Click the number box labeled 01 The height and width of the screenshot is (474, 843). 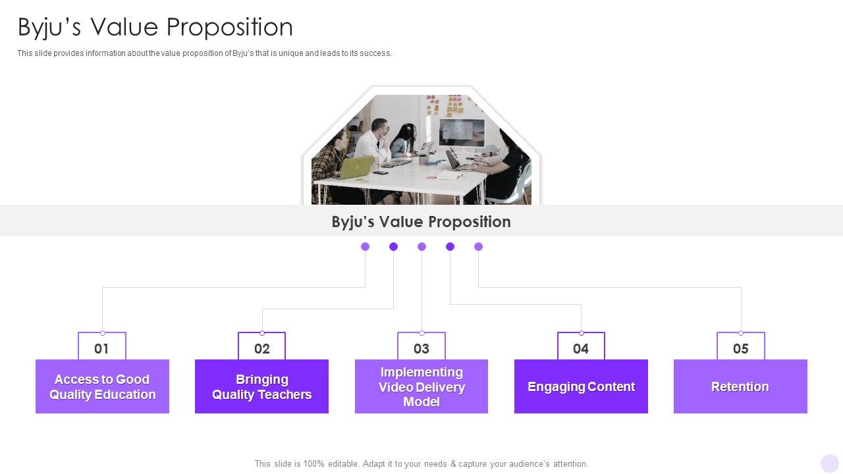click(102, 348)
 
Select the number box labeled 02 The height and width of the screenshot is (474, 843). click(261, 348)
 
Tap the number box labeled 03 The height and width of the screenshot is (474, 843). click(421, 348)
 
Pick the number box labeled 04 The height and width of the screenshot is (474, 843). click(581, 348)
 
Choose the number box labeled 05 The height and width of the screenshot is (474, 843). click(741, 348)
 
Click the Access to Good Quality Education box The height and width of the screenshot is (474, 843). click(102, 386)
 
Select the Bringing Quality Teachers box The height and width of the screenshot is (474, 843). click(261, 386)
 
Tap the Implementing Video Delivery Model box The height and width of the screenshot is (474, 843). click(421, 386)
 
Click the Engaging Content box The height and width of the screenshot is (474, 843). click(581, 386)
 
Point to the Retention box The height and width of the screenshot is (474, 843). click(740, 386)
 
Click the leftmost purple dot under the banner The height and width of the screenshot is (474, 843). click(366, 247)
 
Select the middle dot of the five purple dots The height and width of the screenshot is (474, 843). click(422, 247)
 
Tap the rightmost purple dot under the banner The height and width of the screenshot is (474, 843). click(479, 247)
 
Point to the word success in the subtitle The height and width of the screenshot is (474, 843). click(376, 53)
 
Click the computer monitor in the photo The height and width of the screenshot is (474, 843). click(461, 132)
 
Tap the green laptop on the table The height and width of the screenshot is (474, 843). click(356, 167)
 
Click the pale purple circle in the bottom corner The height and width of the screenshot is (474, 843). click(830, 463)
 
